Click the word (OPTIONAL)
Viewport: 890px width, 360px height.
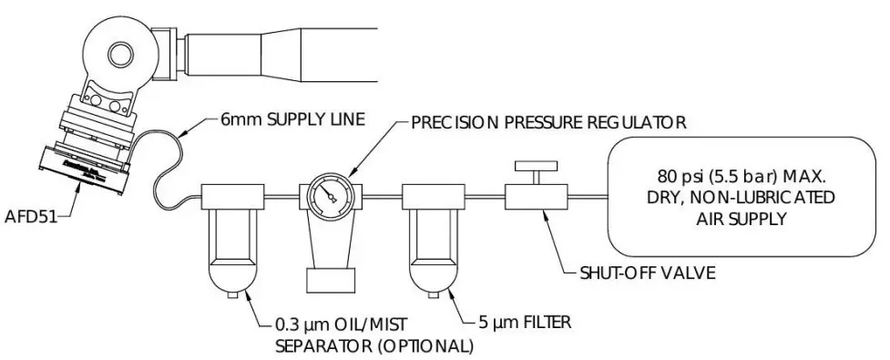tap(428, 346)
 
